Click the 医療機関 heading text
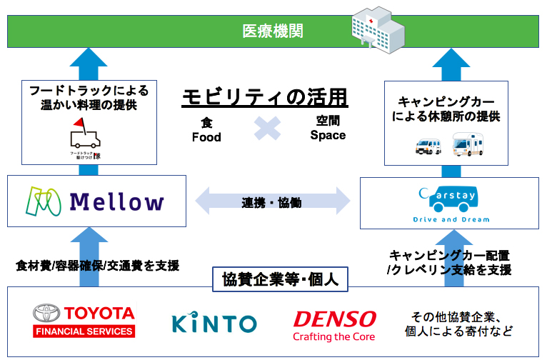(x=273, y=31)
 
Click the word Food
(x=206, y=136)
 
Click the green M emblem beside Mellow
(x=44, y=201)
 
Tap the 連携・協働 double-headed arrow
(x=271, y=202)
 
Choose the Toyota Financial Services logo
(x=84, y=321)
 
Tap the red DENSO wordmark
(x=334, y=317)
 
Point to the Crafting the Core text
(x=333, y=336)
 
